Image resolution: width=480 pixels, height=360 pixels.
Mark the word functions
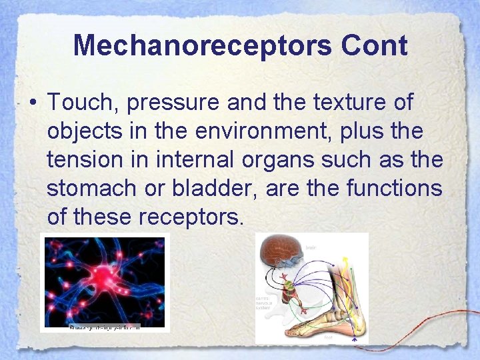(394, 189)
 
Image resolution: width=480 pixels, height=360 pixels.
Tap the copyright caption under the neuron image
(105, 327)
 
